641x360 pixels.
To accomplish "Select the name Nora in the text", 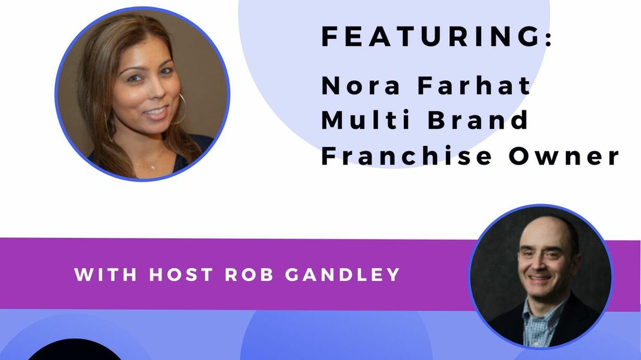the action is (x=361, y=85).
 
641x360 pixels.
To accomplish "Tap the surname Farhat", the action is (x=474, y=85).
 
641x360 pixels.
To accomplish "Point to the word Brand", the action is (x=477, y=119).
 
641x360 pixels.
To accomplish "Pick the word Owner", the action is (x=564, y=156).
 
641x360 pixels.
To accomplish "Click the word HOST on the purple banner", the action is (x=181, y=275).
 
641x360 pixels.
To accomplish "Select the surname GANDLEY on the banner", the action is (x=342, y=275).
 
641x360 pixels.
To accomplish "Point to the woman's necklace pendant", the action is (x=153, y=168).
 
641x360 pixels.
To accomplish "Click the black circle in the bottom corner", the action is (x=75, y=351).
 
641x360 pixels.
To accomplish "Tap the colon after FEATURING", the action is (x=549, y=36).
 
